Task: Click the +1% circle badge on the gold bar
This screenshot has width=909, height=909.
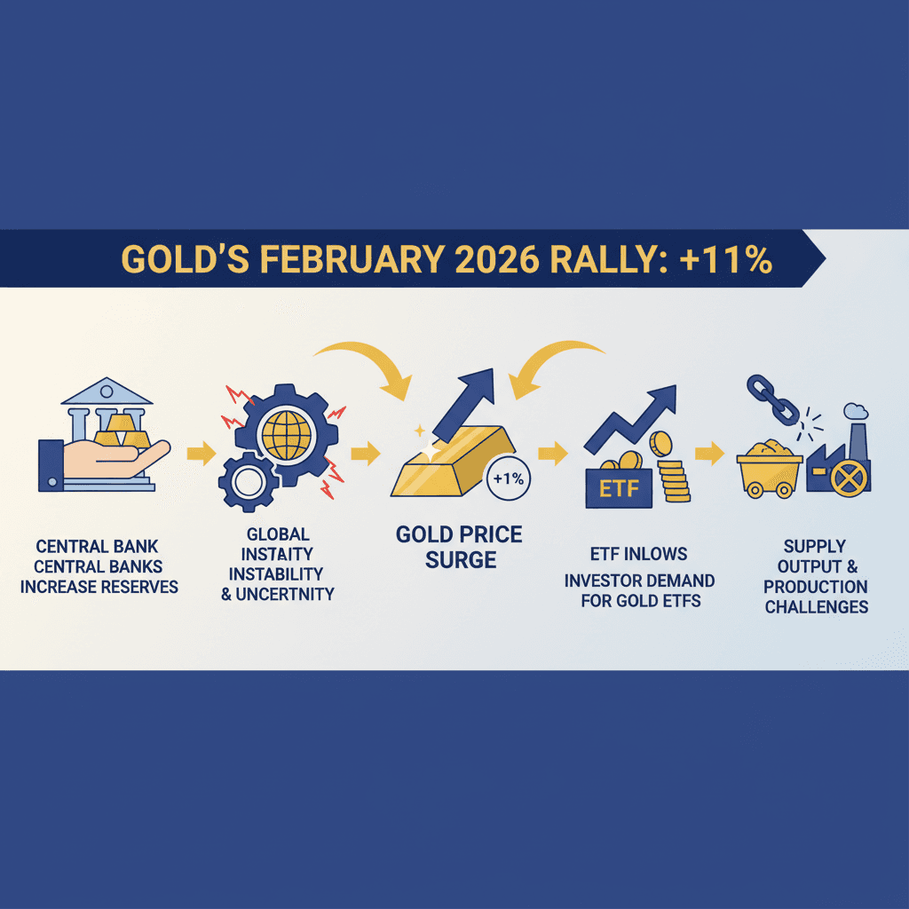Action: pos(508,478)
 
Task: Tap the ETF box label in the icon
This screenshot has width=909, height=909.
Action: pos(619,487)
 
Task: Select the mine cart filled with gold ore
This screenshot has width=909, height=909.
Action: pos(769,468)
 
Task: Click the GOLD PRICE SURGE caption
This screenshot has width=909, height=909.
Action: pos(459,548)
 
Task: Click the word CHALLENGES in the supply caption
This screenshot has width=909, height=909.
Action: pos(816,607)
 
